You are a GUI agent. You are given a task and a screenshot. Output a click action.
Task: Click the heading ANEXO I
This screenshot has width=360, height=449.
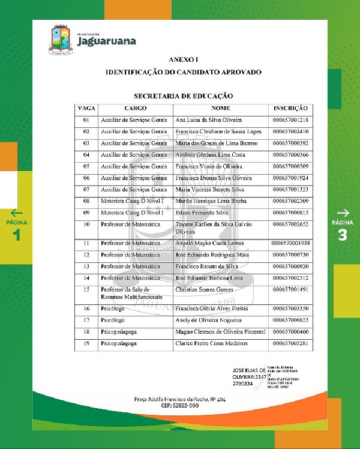point(183,60)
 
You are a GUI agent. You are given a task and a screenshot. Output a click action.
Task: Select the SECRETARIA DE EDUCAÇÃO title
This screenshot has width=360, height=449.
point(183,95)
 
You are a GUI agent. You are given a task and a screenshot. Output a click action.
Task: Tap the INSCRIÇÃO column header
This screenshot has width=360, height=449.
point(291,109)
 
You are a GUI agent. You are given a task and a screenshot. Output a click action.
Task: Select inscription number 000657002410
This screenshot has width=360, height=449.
point(291,131)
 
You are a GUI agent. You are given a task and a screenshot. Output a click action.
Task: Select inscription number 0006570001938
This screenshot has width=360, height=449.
point(291,243)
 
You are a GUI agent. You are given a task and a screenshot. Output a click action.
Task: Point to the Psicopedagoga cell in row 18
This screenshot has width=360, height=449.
point(119,331)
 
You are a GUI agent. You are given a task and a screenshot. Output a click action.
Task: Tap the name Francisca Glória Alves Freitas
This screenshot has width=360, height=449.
point(211,309)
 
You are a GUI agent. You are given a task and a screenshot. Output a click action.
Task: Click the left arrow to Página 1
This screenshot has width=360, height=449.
point(17,212)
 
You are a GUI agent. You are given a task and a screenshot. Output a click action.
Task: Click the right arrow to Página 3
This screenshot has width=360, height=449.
point(343,212)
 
